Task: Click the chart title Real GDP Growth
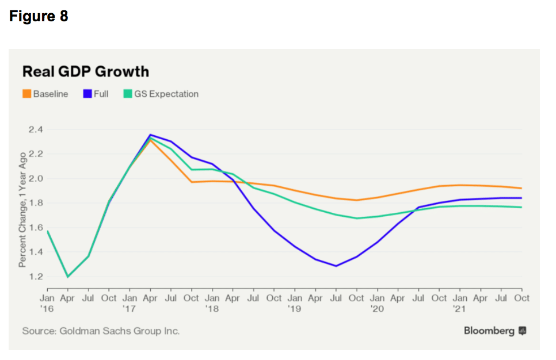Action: (x=85, y=71)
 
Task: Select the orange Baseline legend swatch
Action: (x=26, y=94)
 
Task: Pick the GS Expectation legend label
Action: (x=166, y=94)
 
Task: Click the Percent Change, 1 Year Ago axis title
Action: (x=22, y=209)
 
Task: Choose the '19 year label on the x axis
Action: (x=294, y=309)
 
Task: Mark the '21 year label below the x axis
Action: (x=459, y=309)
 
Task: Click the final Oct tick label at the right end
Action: (x=522, y=298)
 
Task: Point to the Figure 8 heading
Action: (x=39, y=16)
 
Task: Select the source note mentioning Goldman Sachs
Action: (x=101, y=331)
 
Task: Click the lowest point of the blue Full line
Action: (x=336, y=266)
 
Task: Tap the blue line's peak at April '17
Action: (x=150, y=135)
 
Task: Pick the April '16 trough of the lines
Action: (x=68, y=277)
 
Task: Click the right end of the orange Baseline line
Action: (x=521, y=188)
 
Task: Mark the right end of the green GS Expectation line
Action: (x=521, y=207)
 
